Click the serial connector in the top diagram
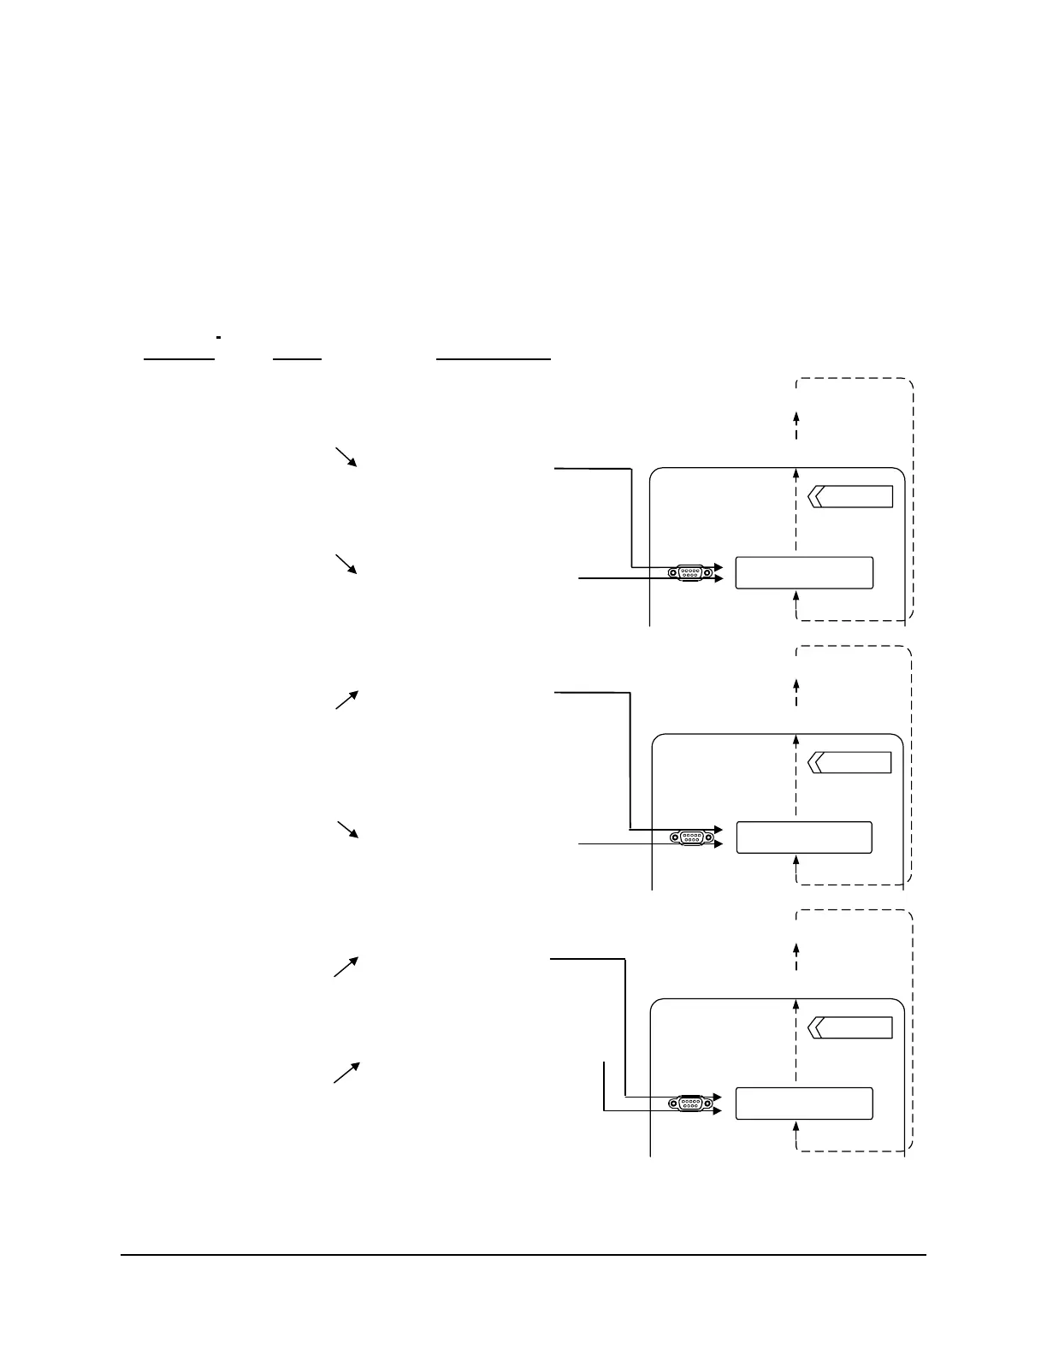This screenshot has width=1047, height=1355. pos(690,572)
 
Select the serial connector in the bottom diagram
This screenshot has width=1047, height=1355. pos(690,1104)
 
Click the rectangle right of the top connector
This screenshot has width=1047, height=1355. pos(804,572)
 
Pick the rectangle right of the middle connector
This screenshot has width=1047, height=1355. pos(804,837)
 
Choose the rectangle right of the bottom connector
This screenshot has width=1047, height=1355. pos(804,1104)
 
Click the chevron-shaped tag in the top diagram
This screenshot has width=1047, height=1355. pos(849,496)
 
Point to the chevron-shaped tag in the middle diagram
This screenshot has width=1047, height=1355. pos(849,762)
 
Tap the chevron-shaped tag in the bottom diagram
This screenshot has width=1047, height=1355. pos(849,1027)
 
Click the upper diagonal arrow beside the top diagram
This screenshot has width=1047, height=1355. pos(346,456)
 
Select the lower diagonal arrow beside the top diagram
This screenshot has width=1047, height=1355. pos(346,564)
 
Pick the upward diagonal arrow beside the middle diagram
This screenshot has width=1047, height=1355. pos(346,700)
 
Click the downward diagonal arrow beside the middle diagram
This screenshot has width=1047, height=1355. pos(346,830)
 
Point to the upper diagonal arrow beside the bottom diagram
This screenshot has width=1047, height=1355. pos(346,967)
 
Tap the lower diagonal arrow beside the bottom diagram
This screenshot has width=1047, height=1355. pos(346,1072)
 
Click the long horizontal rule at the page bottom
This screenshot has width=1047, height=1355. pos(523,1256)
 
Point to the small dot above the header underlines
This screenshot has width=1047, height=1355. pos(219,340)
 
